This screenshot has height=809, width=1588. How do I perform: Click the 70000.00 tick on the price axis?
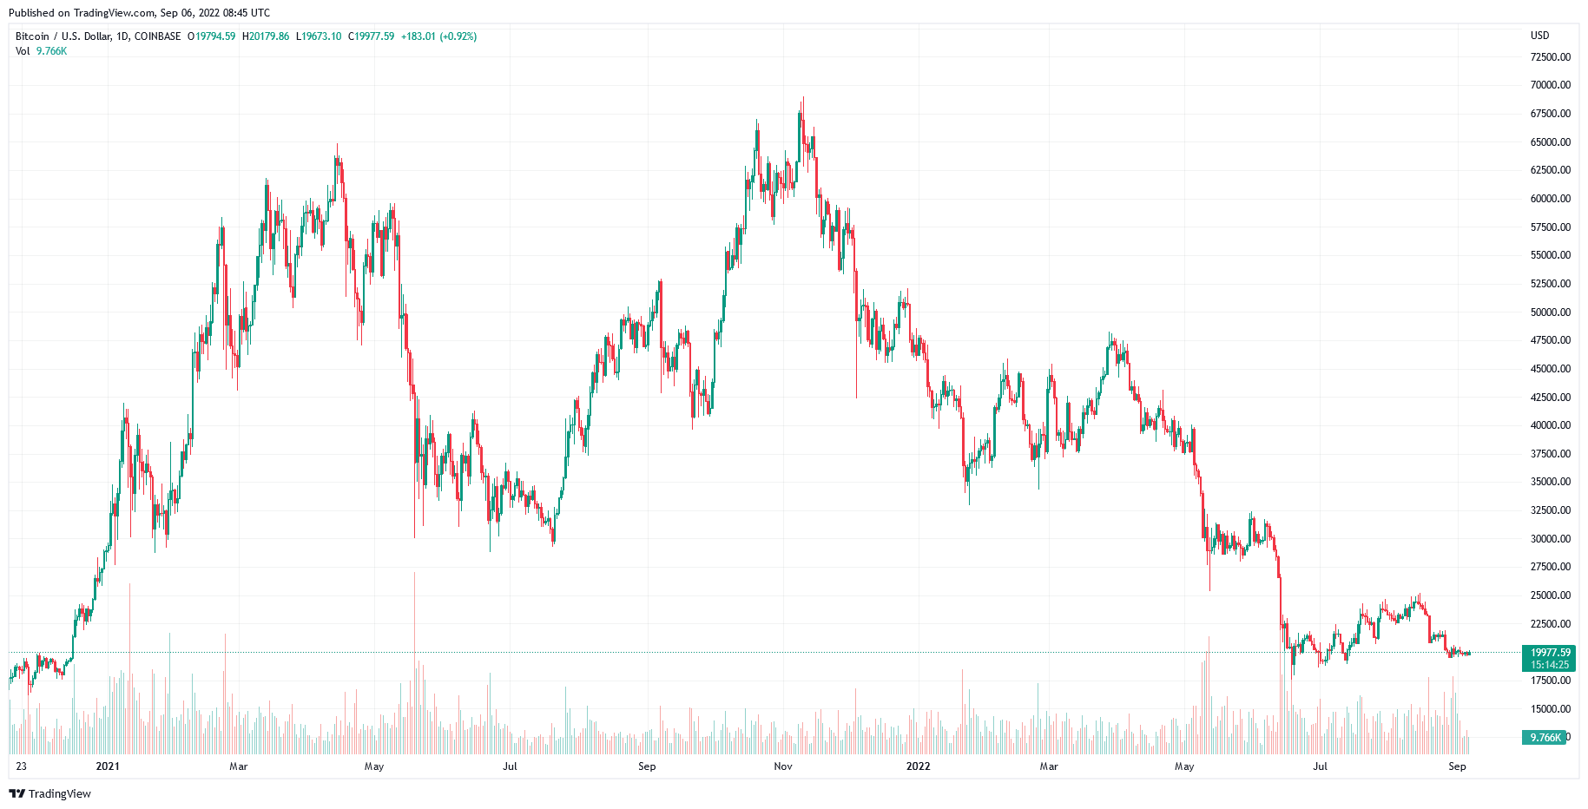(1550, 85)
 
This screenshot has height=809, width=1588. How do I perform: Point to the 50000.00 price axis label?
(1550, 312)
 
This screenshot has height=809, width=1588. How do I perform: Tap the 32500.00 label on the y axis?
(1550, 510)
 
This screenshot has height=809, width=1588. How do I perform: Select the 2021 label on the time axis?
(108, 766)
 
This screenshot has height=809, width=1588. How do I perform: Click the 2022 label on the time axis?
(918, 766)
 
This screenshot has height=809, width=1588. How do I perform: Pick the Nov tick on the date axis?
(783, 766)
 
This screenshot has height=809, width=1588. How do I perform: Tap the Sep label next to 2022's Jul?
(1457, 766)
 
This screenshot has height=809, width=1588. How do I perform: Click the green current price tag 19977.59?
(1550, 653)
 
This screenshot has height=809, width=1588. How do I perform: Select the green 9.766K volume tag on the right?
(1545, 738)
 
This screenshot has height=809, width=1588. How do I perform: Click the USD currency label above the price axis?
(1539, 36)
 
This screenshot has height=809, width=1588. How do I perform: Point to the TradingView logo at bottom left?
(49, 793)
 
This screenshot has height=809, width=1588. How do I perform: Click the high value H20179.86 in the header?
(266, 36)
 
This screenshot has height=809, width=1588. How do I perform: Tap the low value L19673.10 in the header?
(319, 36)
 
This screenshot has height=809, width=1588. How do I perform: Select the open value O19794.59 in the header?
(212, 36)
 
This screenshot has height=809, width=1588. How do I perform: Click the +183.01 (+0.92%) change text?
(438, 36)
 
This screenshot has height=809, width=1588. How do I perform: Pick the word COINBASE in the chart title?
(157, 36)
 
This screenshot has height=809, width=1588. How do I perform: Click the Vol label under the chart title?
(23, 51)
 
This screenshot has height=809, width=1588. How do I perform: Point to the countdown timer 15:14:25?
(1550, 665)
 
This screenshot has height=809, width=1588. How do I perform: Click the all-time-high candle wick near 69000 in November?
(803, 102)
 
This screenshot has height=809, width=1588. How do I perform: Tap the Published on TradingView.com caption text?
(139, 13)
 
